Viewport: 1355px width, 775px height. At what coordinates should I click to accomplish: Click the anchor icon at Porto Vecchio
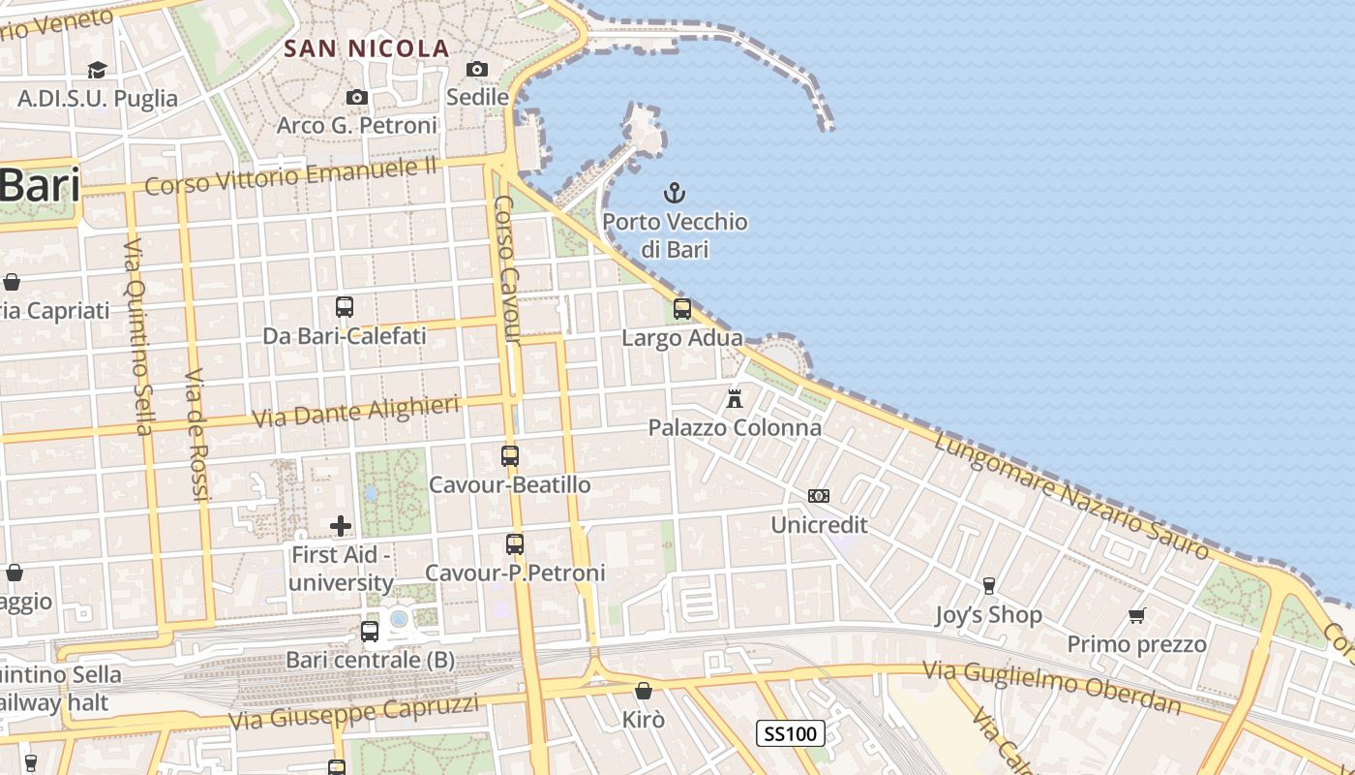tap(674, 193)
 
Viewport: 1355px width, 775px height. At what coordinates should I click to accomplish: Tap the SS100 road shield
tap(791, 733)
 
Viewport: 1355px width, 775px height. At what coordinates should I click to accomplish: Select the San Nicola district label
tap(367, 48)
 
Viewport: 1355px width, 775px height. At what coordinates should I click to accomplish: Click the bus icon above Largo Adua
tap(682, 309)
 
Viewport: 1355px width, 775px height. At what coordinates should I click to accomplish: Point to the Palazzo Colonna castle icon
tap(735, 398)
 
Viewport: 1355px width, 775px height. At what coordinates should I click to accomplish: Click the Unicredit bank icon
tap(819, 496)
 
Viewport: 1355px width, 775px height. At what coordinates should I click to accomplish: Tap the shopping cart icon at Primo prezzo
tap(1137, 615)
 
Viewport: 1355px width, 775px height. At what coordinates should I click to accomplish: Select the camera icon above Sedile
tap(477, 69)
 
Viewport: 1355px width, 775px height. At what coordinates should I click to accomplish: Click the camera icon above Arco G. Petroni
tap(357, 97)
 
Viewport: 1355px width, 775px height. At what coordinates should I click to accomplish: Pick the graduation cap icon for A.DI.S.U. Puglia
tap(97, 70)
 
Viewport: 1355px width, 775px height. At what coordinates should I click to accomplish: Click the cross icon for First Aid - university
tap(341, 526)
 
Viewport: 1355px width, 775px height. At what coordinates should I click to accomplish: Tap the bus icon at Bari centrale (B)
tap(370, 632)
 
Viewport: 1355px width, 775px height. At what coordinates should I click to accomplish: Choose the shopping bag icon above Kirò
tap(644, 691)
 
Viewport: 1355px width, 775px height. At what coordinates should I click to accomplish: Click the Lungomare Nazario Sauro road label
tap(1071, 495)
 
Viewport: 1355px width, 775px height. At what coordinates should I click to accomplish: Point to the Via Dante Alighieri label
tap(355, 411)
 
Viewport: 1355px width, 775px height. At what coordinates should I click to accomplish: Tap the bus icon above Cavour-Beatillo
tap(510, 455)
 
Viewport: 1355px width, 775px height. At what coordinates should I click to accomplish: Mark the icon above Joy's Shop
tap(988, 586)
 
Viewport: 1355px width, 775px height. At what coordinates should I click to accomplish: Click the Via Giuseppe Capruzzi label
tap(353, 712)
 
